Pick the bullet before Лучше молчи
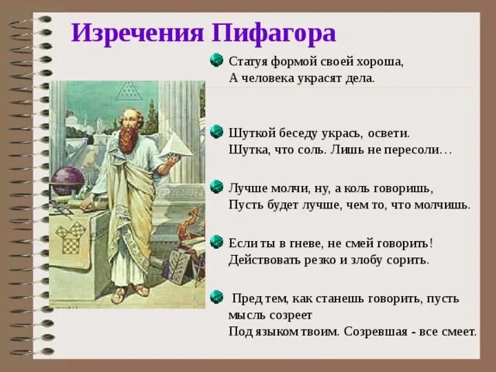[218, 188]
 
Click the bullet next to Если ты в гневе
[218, 243]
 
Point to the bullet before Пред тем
[218, 297]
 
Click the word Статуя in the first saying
[248, 61]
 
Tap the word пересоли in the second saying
[422, 150]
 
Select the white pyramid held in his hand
[176, 143]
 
